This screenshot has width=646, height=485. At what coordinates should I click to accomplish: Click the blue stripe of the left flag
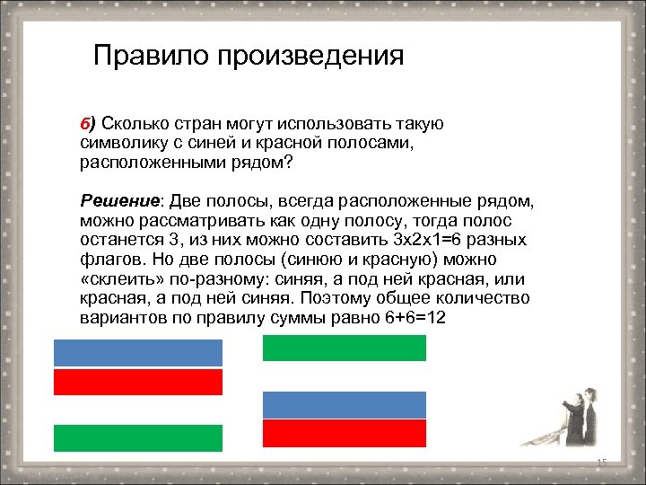point(138,353)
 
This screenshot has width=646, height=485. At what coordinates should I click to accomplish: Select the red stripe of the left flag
point(138,382)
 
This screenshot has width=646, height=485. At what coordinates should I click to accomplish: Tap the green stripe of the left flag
point(138,437)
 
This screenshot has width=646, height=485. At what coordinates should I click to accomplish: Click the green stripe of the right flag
point(345,348)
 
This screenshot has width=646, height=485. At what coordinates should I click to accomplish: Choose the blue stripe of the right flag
point(345,405)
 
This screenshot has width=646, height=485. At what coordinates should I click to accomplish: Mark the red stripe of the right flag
point(345,433)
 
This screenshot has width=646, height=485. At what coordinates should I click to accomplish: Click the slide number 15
point(601,463)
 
